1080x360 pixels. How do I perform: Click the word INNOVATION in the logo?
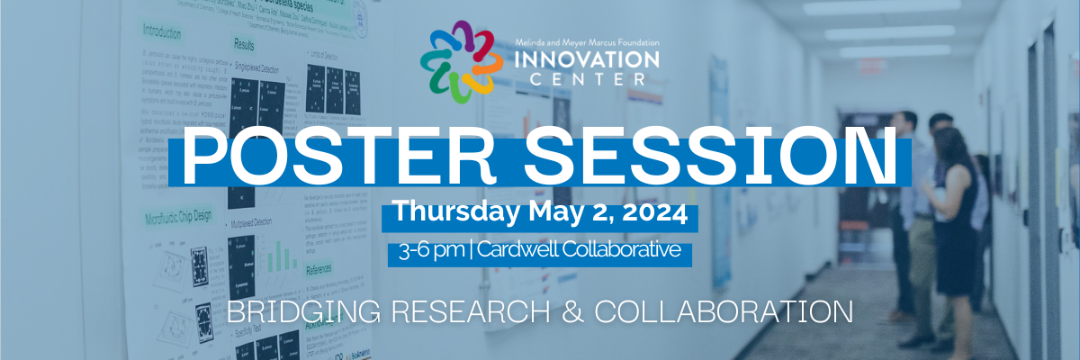click(x=586, y=60)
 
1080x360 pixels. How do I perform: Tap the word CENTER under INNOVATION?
click(x=586, y=79)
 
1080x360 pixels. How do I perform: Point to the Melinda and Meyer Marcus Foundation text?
click(x=586, y=42)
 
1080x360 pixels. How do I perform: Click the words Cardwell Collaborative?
click(x=579, y=249)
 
